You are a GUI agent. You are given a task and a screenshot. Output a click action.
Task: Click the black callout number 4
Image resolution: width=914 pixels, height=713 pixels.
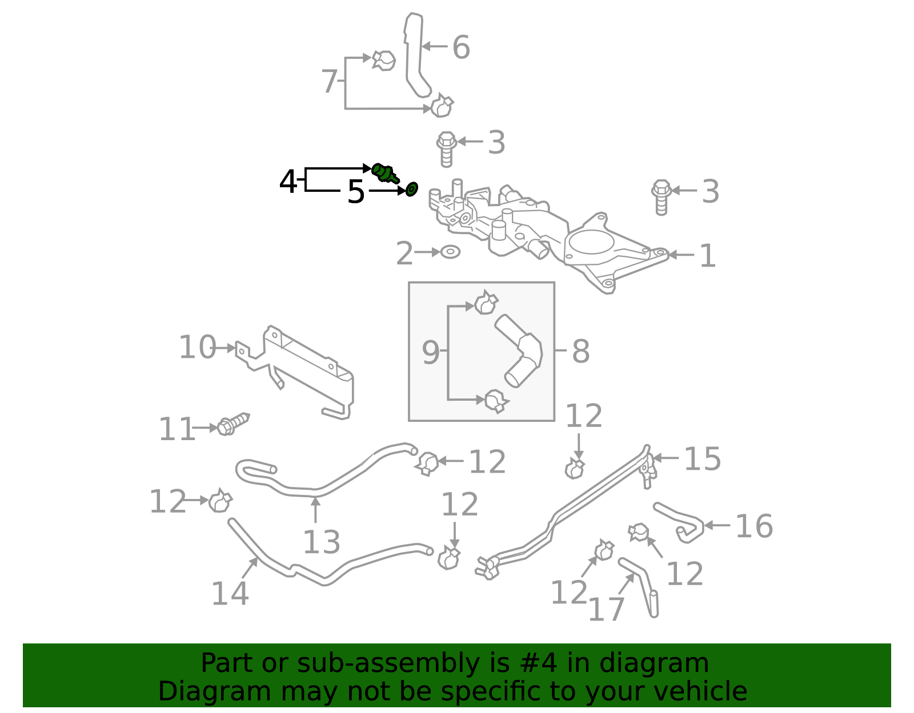pos(288,182)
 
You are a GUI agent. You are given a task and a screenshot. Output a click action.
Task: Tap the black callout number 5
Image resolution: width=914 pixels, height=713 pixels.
pos(355,192)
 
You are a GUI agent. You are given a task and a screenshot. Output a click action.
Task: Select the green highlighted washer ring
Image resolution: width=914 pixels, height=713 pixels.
pos(411,189)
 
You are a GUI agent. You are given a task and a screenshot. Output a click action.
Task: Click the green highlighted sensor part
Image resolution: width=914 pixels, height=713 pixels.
pos(384,172)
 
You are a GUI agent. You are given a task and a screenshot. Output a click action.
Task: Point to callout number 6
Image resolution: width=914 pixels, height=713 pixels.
pos(461,47)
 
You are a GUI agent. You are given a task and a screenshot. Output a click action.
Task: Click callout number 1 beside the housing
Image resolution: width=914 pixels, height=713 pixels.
pos(707,256)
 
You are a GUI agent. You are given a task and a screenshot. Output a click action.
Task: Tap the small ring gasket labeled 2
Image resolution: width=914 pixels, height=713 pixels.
pos(451,252)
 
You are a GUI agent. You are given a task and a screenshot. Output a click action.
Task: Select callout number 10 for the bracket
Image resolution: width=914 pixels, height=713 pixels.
pos(197,348)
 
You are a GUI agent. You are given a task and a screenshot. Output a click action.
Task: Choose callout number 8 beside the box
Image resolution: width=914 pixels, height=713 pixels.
pos(580,351)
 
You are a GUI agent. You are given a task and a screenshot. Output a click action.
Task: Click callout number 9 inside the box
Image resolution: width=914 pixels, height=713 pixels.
pos(430,353)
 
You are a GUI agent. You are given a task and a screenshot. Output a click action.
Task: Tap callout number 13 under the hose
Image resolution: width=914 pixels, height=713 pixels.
pos(321,542)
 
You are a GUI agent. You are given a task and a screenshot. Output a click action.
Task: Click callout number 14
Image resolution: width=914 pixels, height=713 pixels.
pos(230,594)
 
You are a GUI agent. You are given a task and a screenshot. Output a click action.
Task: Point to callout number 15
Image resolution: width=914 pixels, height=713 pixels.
pos(702,459)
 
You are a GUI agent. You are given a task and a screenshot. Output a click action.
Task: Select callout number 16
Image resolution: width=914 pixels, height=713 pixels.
pos(753,526)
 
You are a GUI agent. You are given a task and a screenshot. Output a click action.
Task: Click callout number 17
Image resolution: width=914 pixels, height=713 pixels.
pos(606,610)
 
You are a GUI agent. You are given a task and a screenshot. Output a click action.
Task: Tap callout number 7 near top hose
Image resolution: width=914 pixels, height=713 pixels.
pos(329,82)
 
